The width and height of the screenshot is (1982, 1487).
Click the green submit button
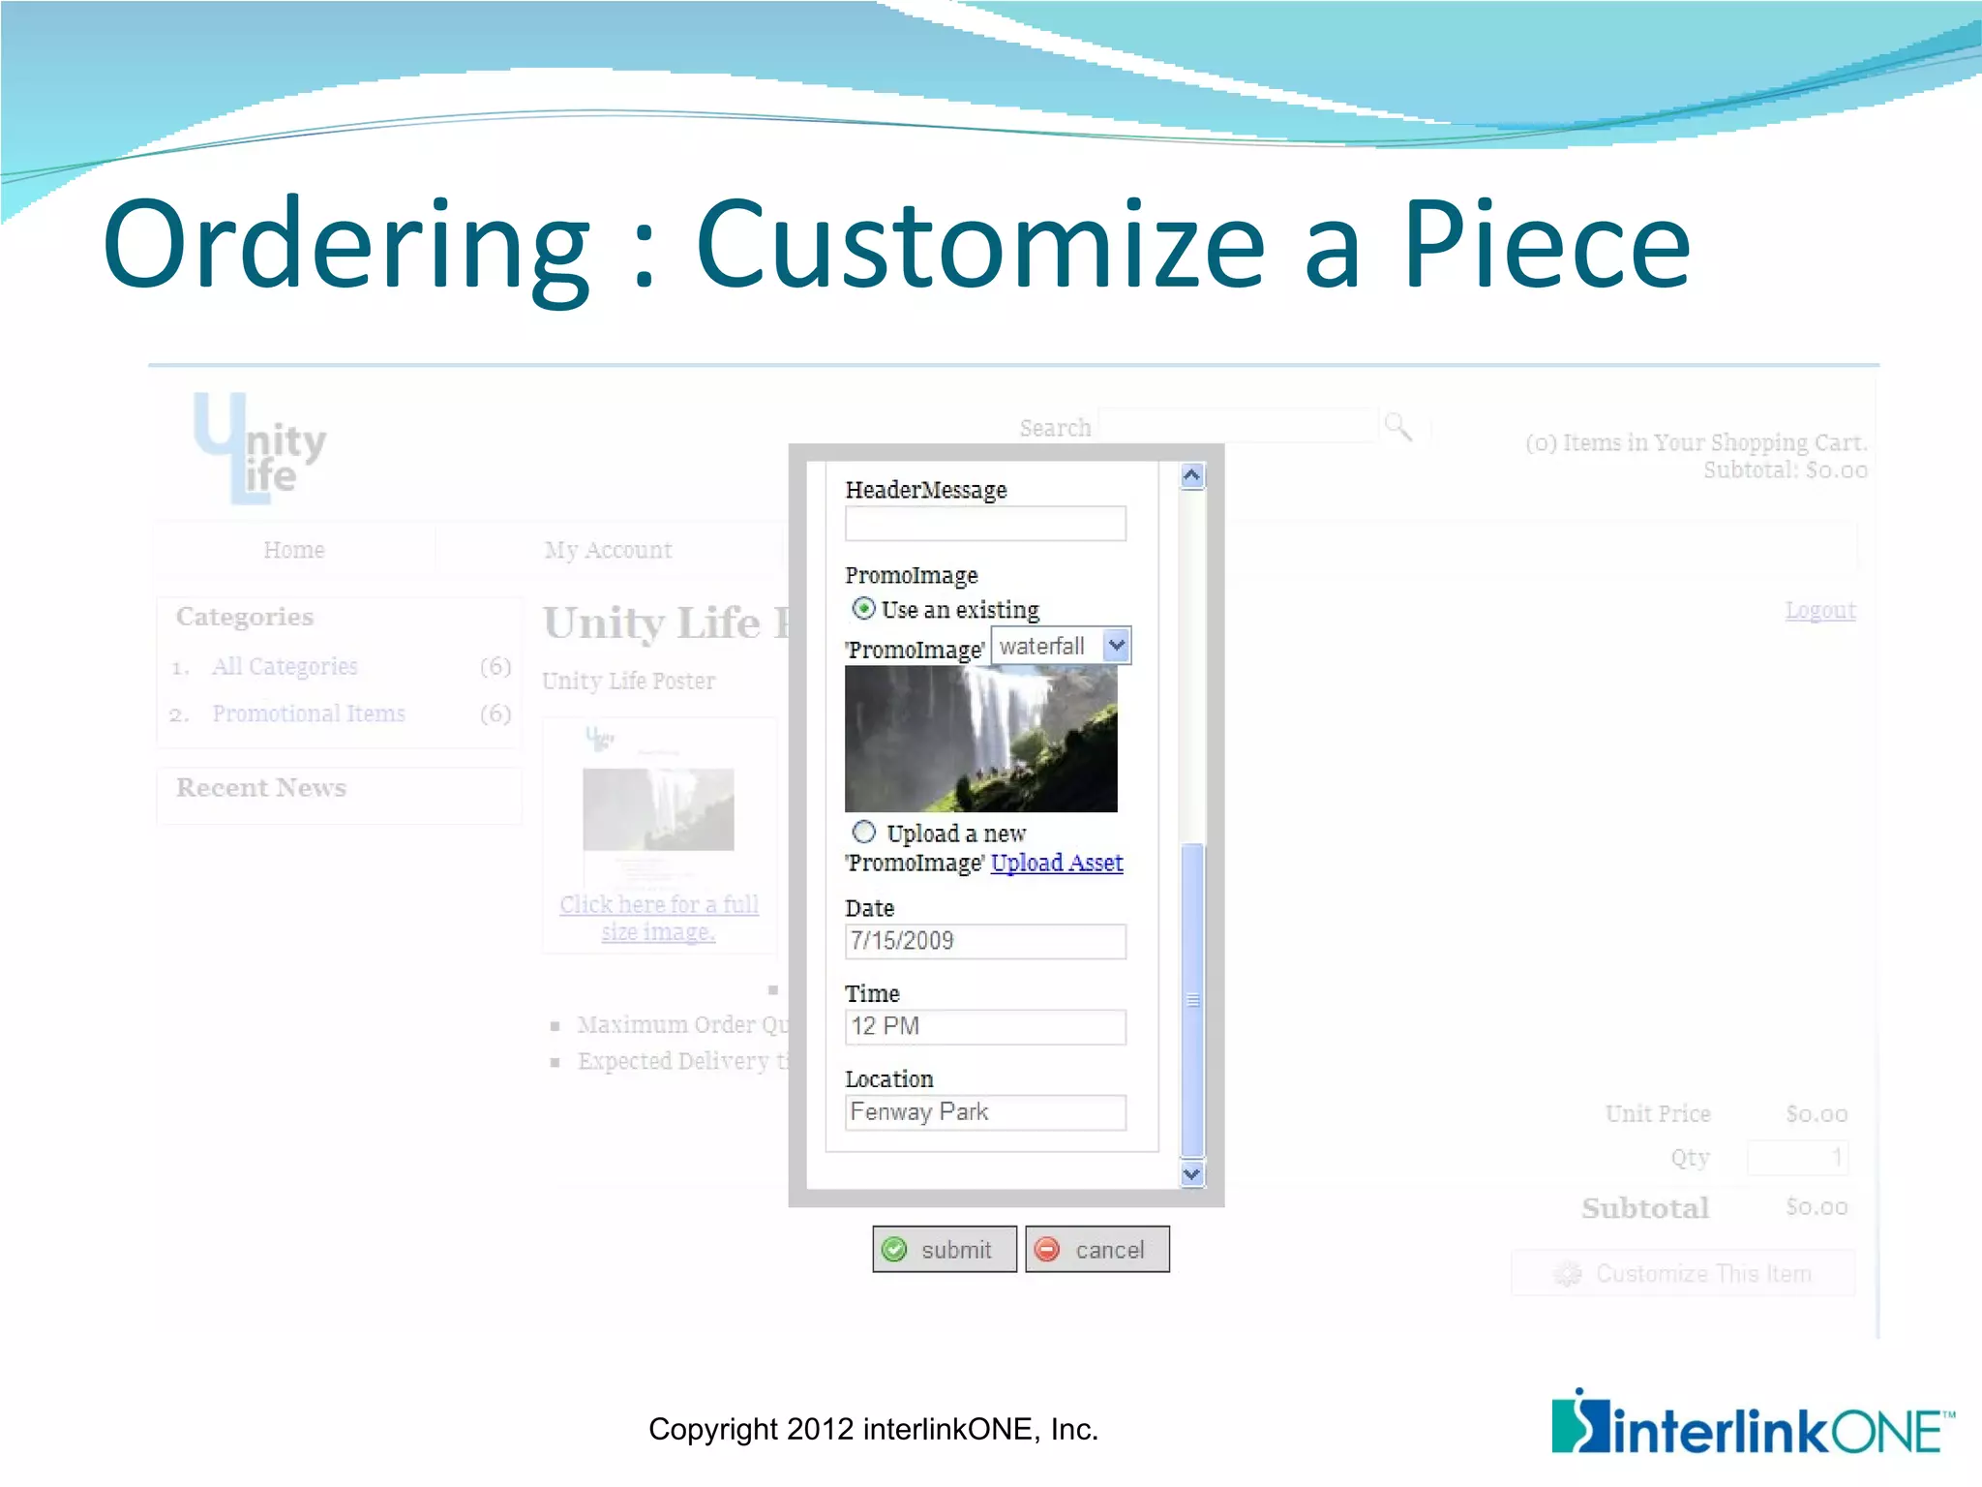(944, 1249)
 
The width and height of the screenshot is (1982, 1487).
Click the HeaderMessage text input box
(984, 524)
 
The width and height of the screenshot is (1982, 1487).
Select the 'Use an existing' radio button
(863, 608)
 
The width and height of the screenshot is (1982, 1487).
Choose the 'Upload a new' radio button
(863, 832)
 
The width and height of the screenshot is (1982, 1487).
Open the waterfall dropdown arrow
(1116, 646)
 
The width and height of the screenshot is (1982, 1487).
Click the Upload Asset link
(1057, 863)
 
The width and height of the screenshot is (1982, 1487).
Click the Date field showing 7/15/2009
(984, 941)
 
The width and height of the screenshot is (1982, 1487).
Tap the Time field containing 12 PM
(984, 1026)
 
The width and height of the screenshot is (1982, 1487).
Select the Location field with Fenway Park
(984, 1112)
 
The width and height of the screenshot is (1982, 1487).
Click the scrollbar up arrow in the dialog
(1192, 475)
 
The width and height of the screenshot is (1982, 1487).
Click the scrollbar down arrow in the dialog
(1192, 1174)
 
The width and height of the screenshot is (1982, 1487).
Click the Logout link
(1820, 610)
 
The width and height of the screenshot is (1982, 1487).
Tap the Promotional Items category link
(309, 713)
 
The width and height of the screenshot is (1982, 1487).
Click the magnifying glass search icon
(1397, 426)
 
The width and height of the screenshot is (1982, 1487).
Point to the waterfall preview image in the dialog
(980, 739)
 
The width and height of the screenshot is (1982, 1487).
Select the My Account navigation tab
(608, 550)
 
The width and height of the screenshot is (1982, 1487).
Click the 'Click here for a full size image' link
(658, 918)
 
